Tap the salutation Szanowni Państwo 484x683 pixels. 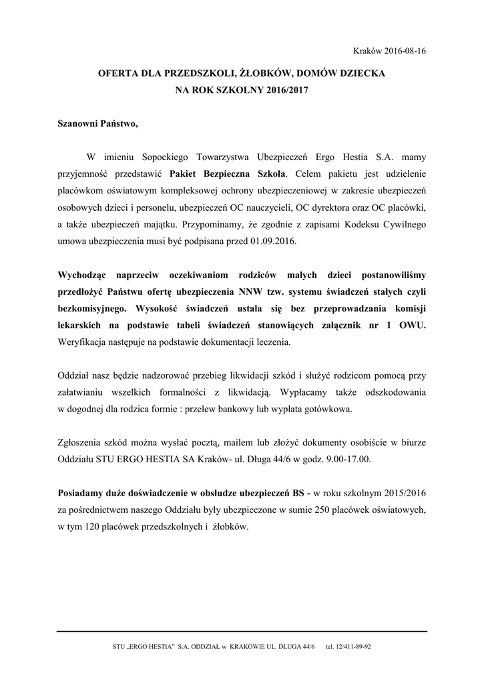tap(97, 124)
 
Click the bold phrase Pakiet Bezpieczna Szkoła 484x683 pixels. tap(227, 175)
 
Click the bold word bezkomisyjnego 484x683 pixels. tap(91, 309)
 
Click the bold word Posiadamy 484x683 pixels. tap(83, 494)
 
